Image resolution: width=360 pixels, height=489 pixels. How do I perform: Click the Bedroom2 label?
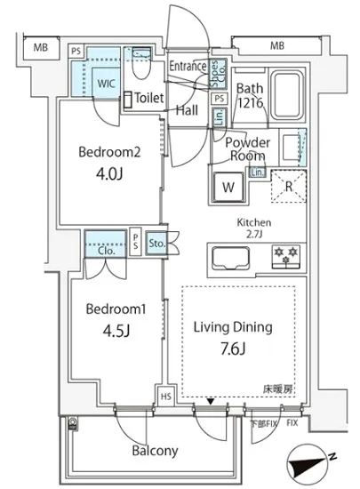click(109, 152)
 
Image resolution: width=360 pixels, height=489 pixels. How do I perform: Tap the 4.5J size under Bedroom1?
click(116, 331)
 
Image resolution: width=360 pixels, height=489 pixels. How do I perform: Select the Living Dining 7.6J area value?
click(234, 349)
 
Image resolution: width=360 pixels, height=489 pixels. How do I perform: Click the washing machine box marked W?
click(228, 187)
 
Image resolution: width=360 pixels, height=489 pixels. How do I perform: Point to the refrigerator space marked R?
click(289, 187)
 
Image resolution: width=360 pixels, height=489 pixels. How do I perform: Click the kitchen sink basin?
click(230, 258)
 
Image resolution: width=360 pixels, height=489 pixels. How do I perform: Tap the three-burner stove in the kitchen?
click(286, 256)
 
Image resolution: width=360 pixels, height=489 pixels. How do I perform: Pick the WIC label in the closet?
click(106, 84)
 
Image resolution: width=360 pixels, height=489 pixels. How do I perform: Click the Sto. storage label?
click(156, 244)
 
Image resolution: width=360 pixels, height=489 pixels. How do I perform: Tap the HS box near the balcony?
click(166, 397)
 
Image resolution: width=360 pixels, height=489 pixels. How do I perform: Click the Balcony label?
click(155, 451)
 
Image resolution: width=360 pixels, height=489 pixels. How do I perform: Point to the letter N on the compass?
click(332, 457)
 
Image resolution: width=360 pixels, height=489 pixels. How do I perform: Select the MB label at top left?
click(41, 47)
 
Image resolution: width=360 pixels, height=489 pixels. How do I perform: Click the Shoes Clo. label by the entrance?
click(218, 74)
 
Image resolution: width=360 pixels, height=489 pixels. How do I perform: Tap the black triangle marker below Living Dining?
click(211, 402)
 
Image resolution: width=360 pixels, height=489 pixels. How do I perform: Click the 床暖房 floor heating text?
click(278, 389)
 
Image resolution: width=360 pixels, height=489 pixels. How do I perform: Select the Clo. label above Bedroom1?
click(107, 251)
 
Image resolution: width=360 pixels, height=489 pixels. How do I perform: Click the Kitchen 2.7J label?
click(254, 228)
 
